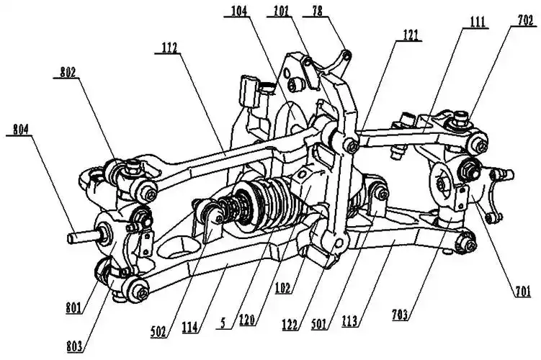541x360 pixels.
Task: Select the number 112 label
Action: pos(171,47)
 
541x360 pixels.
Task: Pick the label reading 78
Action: pos(316,12)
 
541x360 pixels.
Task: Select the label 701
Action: pos(522,291)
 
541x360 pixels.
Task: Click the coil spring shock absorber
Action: pos(259,203)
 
